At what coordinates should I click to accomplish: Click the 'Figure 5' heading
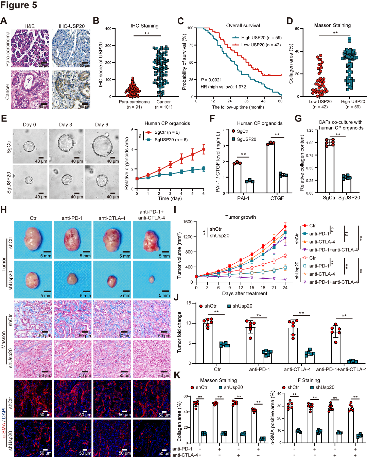pyautogui.click(x=19, y=5)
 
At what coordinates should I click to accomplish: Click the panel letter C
pyautogui.click(x=180, y=21)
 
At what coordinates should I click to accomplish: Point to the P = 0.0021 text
pyautogui.click(x=211, y=80)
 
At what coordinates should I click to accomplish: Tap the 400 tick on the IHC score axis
pyautogui.click(x=108, y=29)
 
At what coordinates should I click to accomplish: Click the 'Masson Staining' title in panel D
pyautogui.click(x=332, y=25)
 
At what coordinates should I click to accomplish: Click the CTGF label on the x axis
pyautogui.click(x=277, y=198)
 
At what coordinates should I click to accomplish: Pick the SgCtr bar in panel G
pyautogui.click(x=330, y=167)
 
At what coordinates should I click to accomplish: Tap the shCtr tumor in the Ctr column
pyautogui.click(x=33, y=240)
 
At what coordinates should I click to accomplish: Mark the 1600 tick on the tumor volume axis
pyautogui.click(x=188, y=222)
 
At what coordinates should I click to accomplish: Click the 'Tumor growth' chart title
pyautogui.click(x=240, y=217)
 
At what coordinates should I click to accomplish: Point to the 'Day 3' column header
pyautogui.click(x=66, y=125)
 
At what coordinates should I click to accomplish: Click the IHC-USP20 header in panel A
pyautogui.click(x=71, y=26)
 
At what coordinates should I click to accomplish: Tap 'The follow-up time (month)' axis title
pyautogui.click(x=238, y=107)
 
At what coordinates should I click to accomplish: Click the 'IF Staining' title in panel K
pyautogui.click(x=308, y=380)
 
